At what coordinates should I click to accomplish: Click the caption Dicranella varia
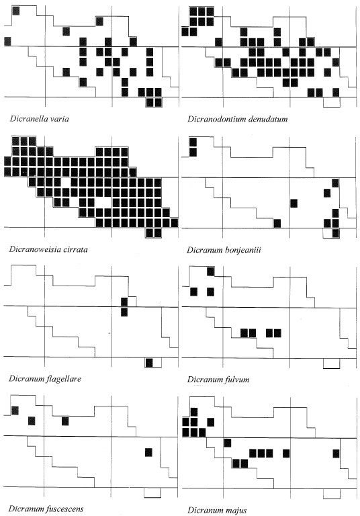[39, 119]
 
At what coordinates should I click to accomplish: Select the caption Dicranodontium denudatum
[237, 119]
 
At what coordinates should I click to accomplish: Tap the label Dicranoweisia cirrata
[48, 249]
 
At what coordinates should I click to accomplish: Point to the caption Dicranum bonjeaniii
[224, 250]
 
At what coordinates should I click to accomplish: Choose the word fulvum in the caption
[237, 380]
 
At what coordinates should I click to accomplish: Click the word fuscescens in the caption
[64, 509]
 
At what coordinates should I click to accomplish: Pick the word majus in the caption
[236, 511]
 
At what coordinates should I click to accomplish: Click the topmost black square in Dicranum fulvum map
[210, 271]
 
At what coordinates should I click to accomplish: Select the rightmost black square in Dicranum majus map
[336, 454]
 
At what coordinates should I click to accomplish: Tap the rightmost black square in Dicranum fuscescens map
[148, 452]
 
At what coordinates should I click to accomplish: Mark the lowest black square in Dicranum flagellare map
[149, 363]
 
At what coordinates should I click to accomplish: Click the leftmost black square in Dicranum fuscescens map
[15, 411]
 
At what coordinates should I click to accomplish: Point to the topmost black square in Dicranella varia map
[15, 11]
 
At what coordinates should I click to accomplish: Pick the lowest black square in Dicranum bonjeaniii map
[335, 233]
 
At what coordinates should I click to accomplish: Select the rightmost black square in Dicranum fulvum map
[277, 333]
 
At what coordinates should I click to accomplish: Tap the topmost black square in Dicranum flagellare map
[124, 302]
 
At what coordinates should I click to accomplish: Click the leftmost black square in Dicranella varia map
[7, 42]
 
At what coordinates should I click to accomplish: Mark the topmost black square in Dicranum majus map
[194, 412]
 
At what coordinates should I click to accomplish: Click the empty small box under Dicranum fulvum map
[331, 363]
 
